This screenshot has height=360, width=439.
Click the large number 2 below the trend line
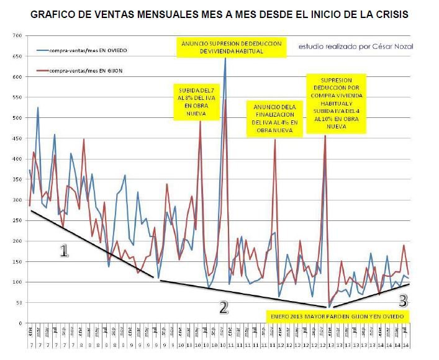[224, 306]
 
